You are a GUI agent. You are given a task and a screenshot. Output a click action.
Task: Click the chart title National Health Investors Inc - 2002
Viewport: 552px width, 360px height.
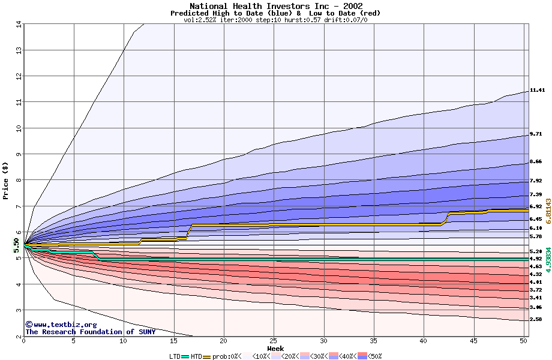coord(275,6)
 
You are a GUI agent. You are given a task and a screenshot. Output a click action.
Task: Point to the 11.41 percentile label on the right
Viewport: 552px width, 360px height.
coord(537,90)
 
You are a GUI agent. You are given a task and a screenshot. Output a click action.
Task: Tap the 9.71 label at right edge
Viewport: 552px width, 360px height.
coord(536,134)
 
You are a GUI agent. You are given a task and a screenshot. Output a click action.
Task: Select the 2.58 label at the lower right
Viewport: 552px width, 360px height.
coord(536,319)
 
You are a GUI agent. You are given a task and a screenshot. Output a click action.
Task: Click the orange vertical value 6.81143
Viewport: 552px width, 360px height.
coord(548,212)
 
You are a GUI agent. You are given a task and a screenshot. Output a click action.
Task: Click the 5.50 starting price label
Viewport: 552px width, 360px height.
coord(16,245)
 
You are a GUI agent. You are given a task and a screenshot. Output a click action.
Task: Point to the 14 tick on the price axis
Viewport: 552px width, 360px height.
coord(18,25)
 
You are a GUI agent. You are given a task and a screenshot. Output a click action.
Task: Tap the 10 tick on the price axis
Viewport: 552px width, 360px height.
coord(18,128)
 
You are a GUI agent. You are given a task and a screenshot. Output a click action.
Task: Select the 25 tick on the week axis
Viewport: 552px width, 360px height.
coord(274,341)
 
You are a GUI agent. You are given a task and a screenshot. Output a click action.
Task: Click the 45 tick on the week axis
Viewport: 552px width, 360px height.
coord(473,341)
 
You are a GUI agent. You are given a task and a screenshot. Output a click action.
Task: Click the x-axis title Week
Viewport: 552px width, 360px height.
coord(275,348)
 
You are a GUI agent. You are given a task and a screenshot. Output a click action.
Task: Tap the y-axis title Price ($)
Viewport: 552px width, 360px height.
coord(6,181)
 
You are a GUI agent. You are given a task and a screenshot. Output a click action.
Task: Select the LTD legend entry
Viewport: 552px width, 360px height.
coord(176,356)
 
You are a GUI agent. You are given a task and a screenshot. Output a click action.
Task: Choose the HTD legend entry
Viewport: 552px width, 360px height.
coord(196,356)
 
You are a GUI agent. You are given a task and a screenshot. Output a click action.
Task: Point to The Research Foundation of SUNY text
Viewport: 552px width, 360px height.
coord(90,332)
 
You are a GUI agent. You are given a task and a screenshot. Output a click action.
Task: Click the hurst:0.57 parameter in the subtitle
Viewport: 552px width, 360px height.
coord(304,20)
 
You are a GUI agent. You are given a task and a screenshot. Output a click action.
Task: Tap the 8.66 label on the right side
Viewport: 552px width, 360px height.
coord(536,161)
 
